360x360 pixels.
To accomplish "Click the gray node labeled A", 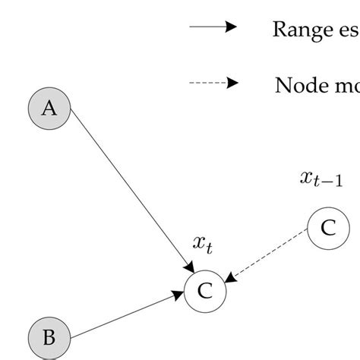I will (49, 109).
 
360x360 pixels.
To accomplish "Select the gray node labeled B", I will (49, 338).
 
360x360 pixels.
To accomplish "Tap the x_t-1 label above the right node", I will (321, 178).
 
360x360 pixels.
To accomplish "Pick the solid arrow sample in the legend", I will (213, 27).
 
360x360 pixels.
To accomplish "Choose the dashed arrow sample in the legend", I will (213, 82).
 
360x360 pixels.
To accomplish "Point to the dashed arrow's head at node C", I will (231, 280).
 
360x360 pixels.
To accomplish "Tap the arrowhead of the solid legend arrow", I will (232, 27).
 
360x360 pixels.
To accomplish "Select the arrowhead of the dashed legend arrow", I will (232, 82).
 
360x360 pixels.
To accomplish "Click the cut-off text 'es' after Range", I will (349, 30).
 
